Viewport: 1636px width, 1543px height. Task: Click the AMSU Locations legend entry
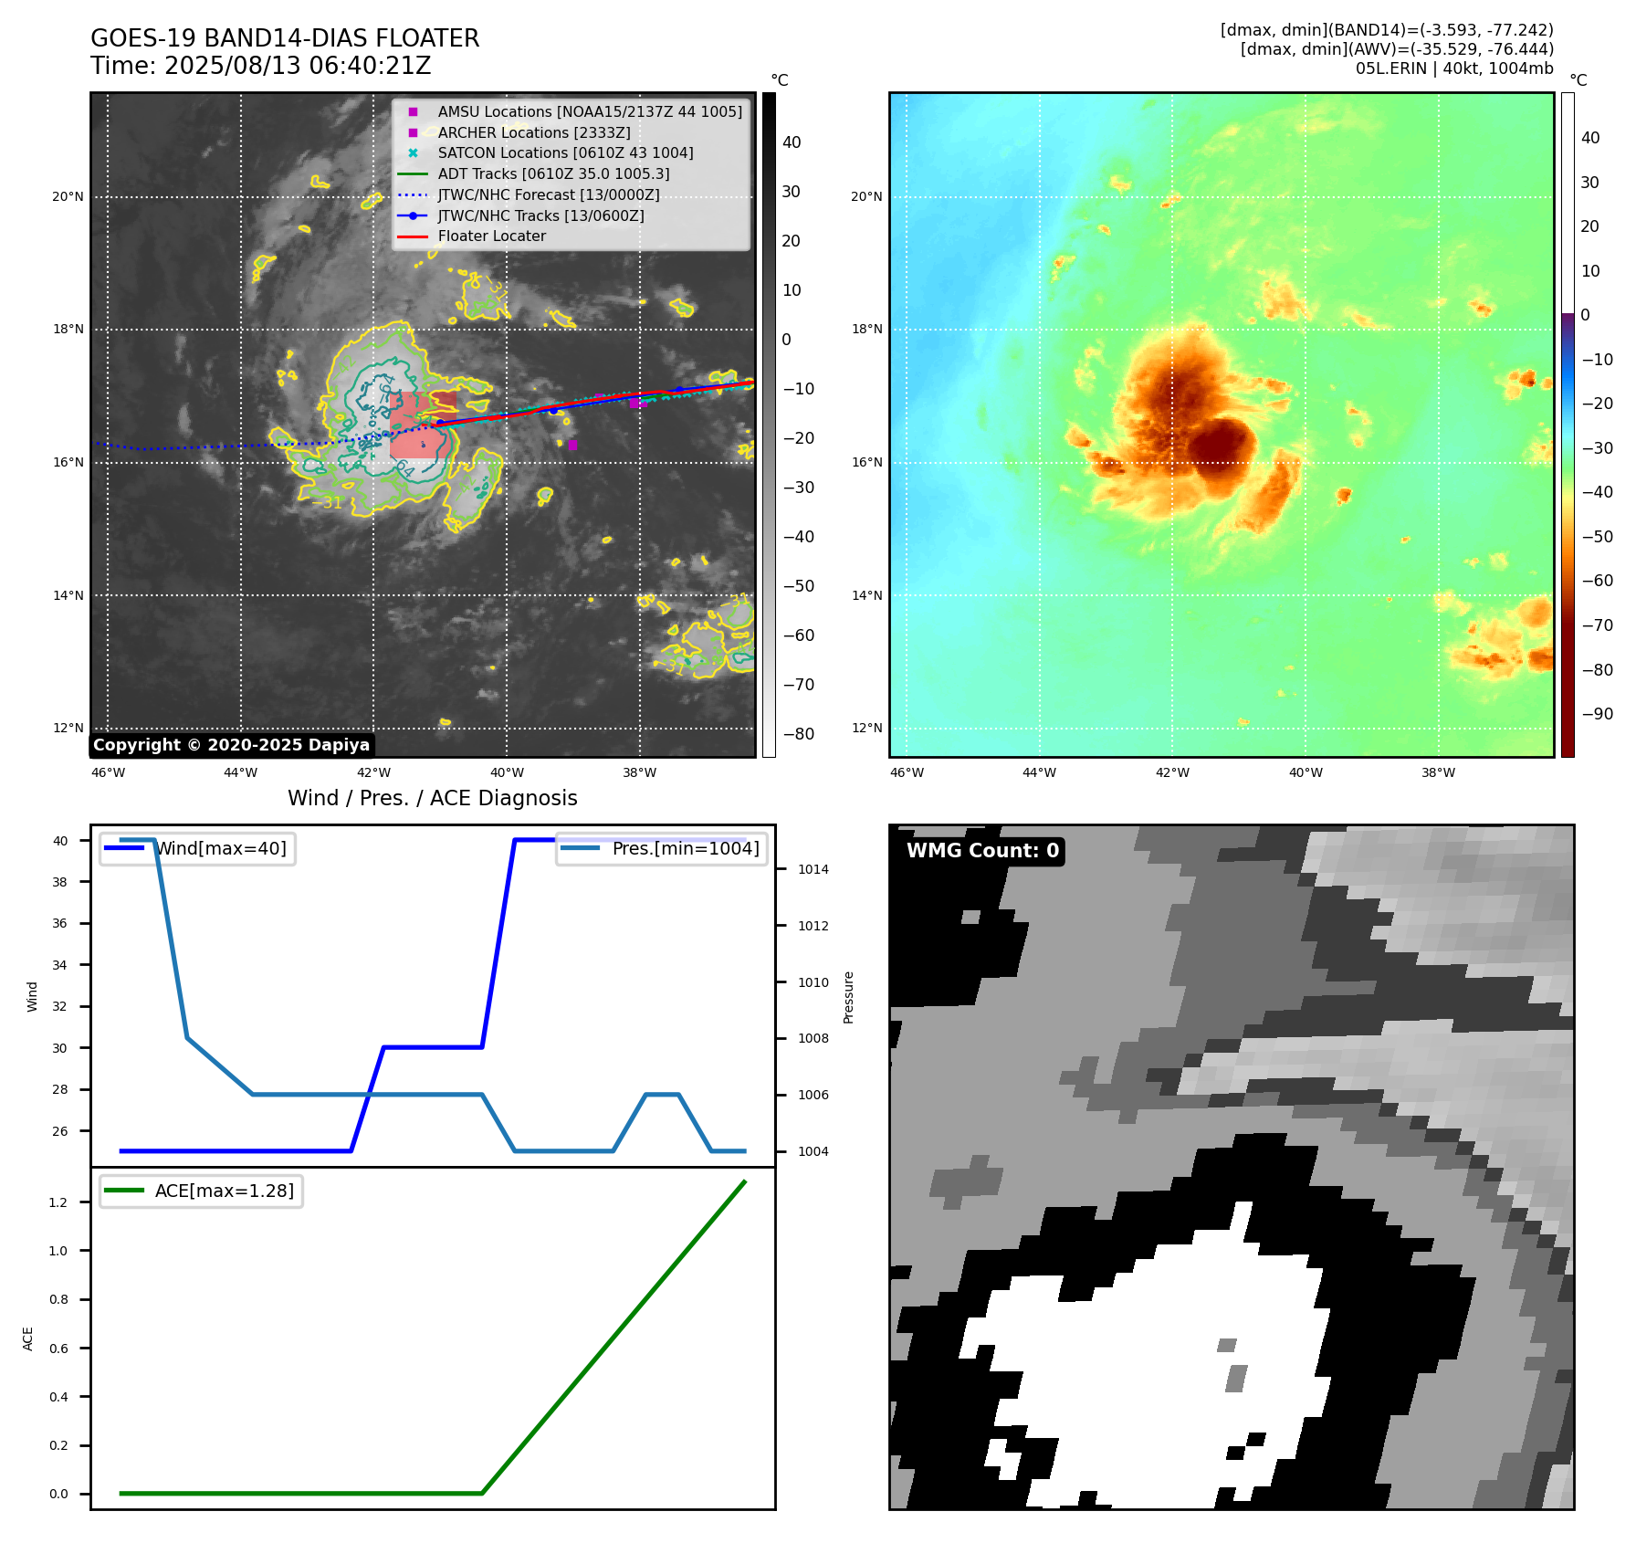pyautogui.click(x=589, y=111)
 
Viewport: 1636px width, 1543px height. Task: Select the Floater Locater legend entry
pyautogui.click(x=491, y=236)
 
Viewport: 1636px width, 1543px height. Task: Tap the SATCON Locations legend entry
pyautogui.click(x=565, y=152)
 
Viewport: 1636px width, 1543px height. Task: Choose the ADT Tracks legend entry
pyautogui.click(x=553, y=173)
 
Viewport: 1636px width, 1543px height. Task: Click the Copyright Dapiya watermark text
pyautogui.click(x=231, y=745)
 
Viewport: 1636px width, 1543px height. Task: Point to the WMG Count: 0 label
pyautogui.click(x=982, y=851)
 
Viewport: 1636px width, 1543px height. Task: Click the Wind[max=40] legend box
pyautogui.click(x=197, y=848)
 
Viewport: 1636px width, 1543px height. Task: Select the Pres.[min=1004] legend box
pyautogui.click(x=662, y=848)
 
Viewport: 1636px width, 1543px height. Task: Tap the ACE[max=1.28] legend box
pyautogui.click(x=201, y=1191)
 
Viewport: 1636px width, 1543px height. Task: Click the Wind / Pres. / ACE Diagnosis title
pyautogui.click(x=433, y=798)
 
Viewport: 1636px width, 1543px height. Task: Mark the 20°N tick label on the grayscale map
pyautogui.click(x=68, y=196)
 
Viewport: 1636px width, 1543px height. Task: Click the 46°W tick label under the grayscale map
pyautogui.click(x=108, y=772)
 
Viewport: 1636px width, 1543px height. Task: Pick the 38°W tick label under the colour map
pyautogui.click(x=1438, y=772)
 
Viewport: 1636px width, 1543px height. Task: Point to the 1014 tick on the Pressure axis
pyautogui.click(x=813, y=869)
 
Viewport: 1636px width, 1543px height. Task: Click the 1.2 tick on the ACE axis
pyautogui.click(x=58, y=1202)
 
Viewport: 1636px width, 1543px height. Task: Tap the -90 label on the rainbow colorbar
pyautogui.click(x=1597, y=714)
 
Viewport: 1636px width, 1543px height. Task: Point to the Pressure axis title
pyautogui.click(x=849, y=997)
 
